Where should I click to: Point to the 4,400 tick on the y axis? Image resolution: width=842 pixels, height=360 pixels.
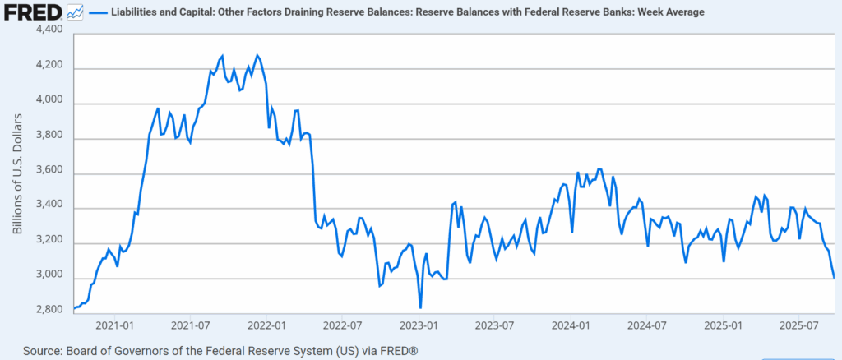tap(50, 30)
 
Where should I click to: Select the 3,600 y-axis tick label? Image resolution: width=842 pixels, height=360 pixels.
tap(50, 173)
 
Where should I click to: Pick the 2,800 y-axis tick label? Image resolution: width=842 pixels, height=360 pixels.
tap(50, 310)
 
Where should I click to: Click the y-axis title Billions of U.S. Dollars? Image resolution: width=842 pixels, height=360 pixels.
tap(18, 170)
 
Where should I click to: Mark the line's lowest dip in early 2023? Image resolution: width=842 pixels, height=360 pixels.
tap(420, 307)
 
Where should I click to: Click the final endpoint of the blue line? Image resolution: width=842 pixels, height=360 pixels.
tap(834, 277)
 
